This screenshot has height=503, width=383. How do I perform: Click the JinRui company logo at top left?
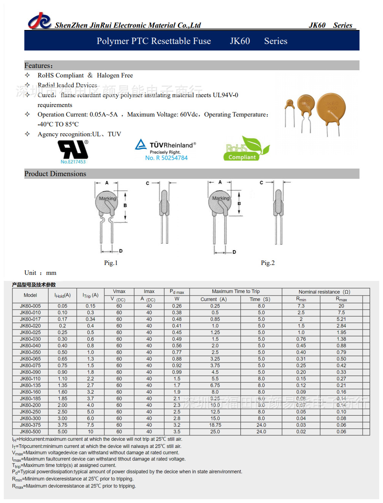tap(39, 21)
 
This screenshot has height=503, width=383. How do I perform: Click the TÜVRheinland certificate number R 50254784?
tap(166, 158)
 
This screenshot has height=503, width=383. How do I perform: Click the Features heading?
tap(38, 65)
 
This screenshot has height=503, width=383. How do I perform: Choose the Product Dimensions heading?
tap(55, 174)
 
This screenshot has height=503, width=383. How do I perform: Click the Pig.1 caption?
tap(111, 263)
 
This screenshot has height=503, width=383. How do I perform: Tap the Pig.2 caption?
tap(267, 263)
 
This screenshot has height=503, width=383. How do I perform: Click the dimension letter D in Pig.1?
tap(121, 251)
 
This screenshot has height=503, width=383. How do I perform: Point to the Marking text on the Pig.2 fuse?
tap(221, 198)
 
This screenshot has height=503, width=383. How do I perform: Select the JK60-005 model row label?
tap(30, 306)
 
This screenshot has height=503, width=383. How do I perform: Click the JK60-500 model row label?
tap(30, 432)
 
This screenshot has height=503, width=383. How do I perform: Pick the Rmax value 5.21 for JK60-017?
tap(341, 319)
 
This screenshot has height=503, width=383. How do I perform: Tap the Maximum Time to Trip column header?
tap(236, 292)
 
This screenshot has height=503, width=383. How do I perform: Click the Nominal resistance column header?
tap(324, 292)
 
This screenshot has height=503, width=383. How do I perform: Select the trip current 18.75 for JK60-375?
tap(215, 425)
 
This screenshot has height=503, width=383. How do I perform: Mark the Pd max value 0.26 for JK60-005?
tap(177, 306)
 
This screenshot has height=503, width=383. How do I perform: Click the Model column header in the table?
tap(30, 295)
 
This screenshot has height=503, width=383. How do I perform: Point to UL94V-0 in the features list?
tap(225, 95)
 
